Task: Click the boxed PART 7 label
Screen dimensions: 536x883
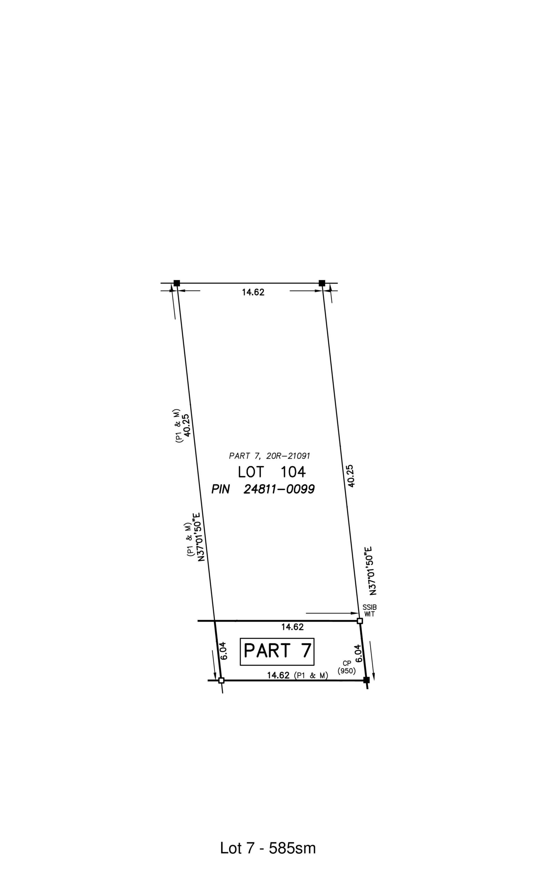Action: (277, 652)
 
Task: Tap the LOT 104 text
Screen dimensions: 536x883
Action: (271, 472)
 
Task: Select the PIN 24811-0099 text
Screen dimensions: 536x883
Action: (263, 489)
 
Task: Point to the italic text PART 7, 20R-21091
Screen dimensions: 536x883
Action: (269, 456)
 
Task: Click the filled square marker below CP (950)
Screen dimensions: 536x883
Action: (366, 680)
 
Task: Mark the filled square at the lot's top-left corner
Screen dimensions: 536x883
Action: (177, 283)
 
